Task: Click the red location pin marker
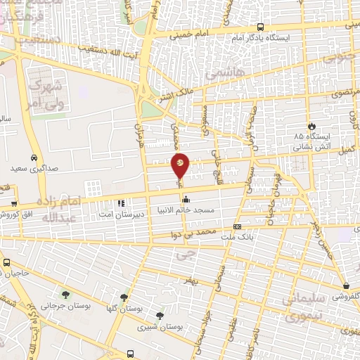point(180,165)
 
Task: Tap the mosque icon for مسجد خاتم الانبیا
point(185,198)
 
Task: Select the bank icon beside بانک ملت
point(237,226)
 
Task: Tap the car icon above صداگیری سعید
point(34,157)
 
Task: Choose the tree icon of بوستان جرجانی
point(65,295)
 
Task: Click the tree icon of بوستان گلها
point(124,297)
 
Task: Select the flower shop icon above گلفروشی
point(347,285)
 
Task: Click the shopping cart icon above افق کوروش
point(14,203)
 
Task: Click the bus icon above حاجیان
point(6,263)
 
